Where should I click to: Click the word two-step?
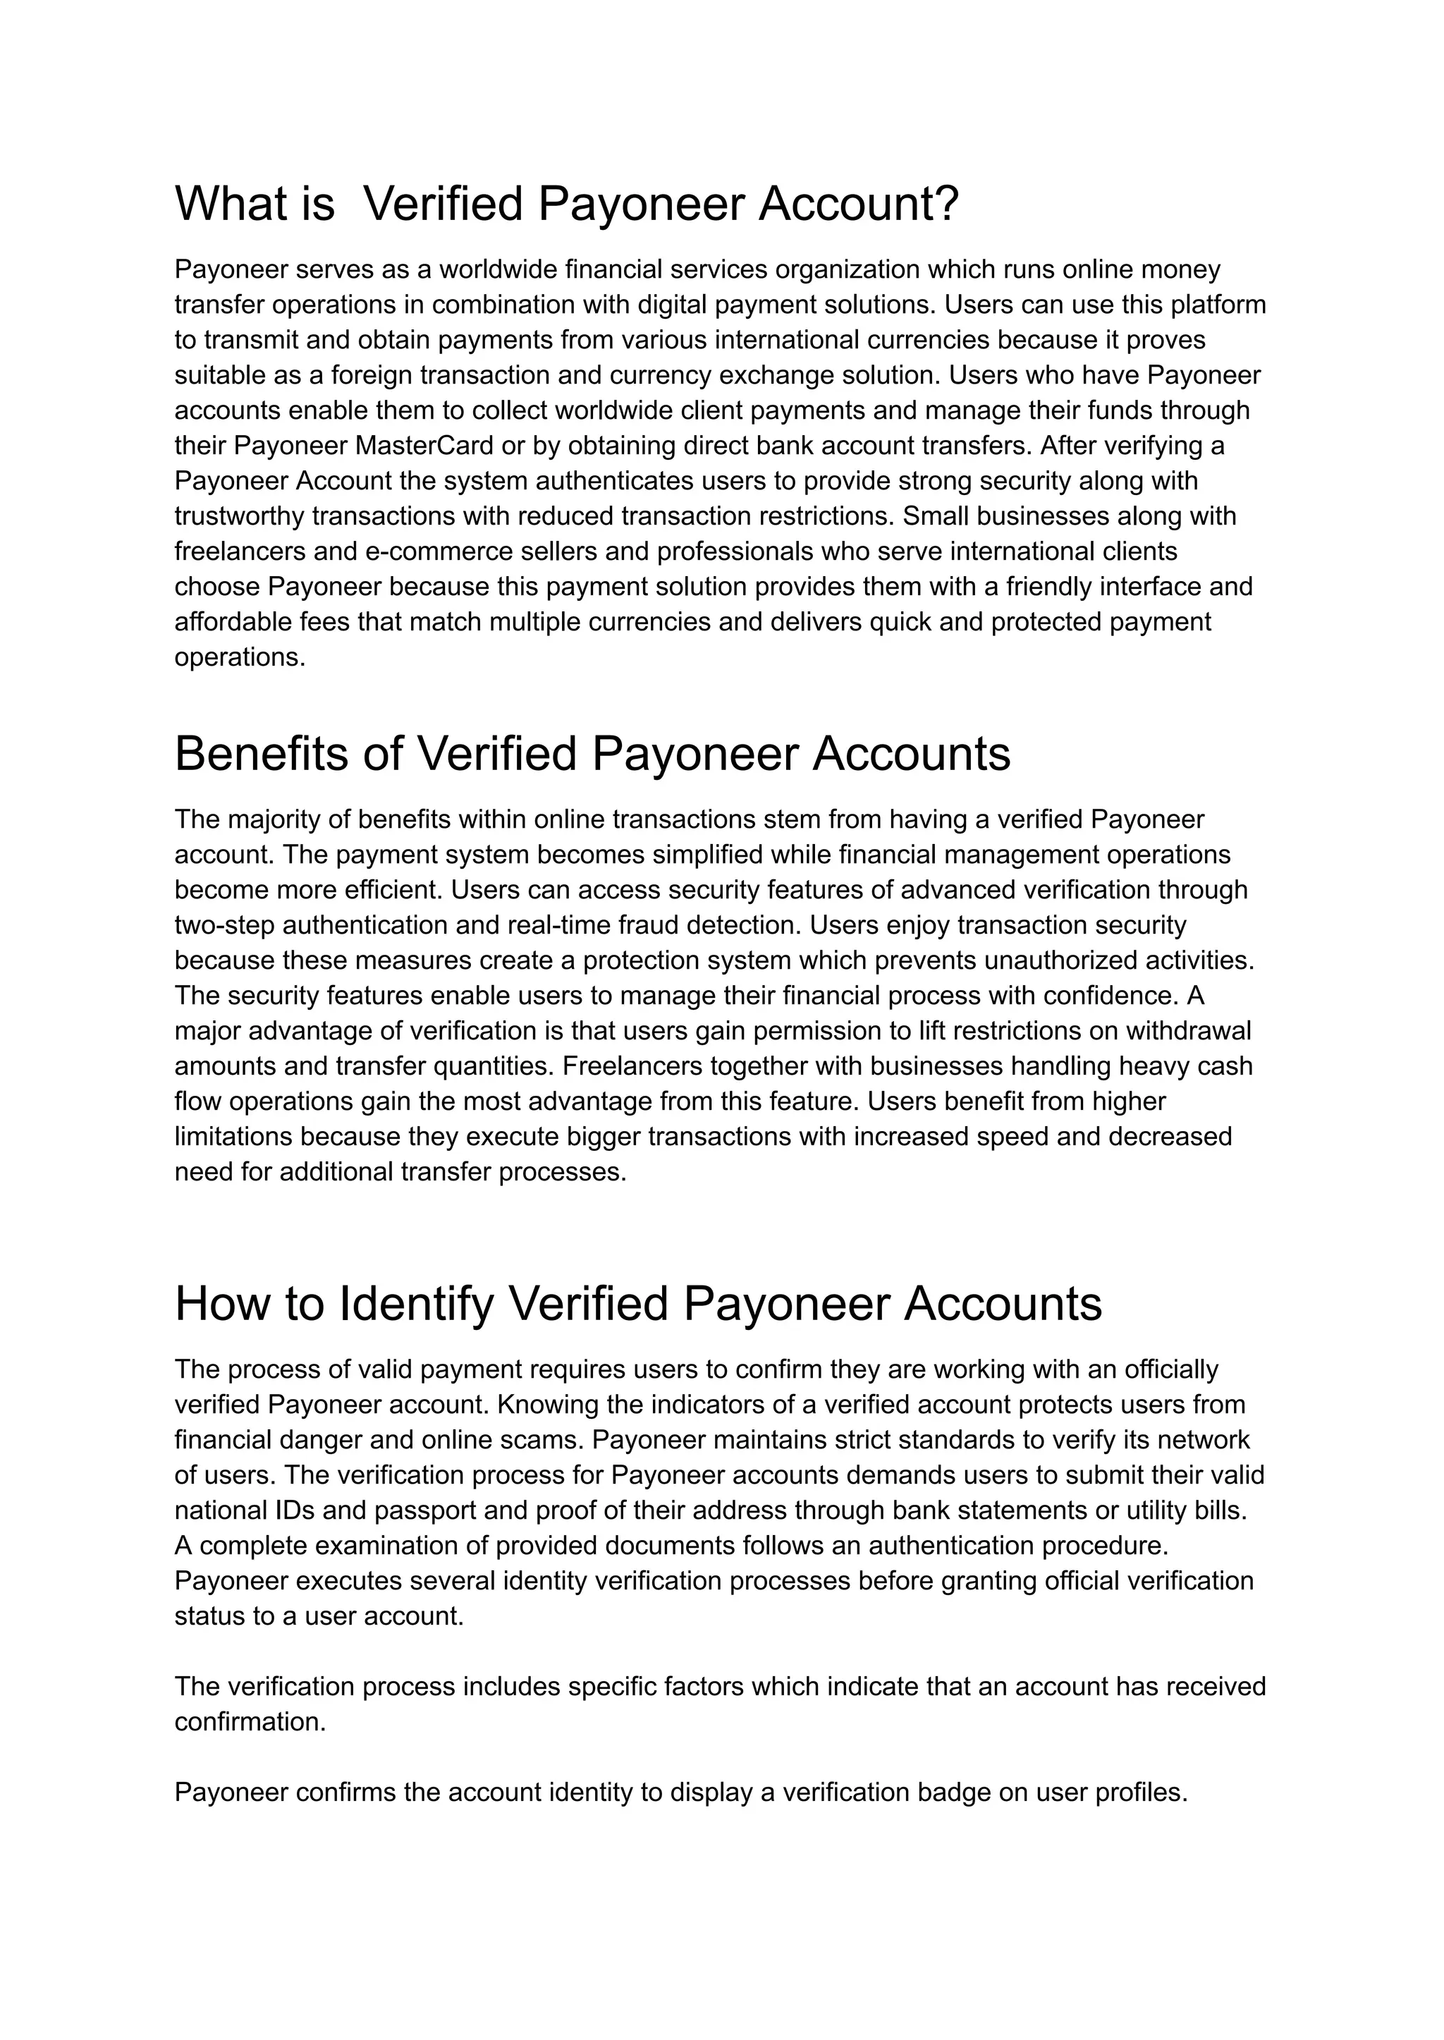coord(224,925)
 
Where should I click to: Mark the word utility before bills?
coord(1152,1510)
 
